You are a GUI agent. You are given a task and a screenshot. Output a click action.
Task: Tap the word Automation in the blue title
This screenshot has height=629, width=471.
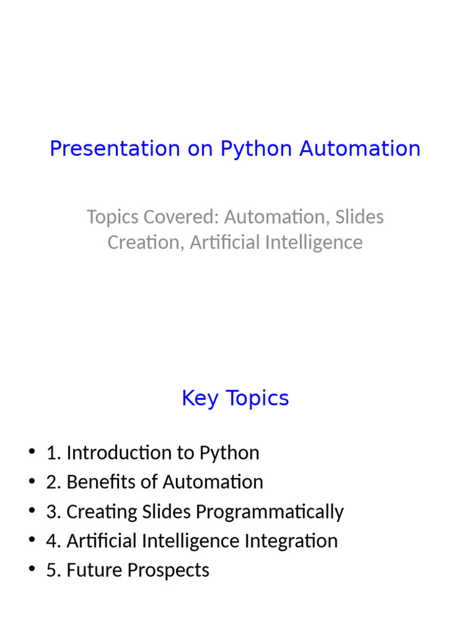360,149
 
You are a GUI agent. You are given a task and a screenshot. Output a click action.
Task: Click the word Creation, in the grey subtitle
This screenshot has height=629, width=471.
145,242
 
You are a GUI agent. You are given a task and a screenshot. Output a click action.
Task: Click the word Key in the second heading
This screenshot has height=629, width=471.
199,398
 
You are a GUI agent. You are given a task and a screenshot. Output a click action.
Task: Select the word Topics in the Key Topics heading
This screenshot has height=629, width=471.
258,398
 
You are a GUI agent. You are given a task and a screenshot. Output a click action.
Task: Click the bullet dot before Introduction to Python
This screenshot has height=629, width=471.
31,452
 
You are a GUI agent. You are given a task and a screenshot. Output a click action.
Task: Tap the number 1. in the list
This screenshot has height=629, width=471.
53,453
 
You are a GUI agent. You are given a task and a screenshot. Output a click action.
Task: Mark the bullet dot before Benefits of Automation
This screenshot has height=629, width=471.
31,482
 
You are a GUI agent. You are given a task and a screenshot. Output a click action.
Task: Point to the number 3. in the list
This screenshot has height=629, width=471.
53,512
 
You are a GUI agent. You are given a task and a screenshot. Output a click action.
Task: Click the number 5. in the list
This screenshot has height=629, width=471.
53,571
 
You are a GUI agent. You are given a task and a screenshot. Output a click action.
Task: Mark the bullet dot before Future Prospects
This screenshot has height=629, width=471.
31,569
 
